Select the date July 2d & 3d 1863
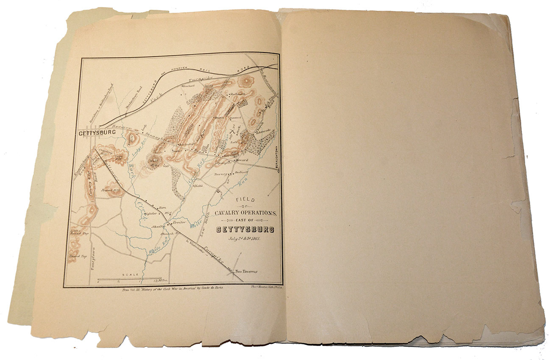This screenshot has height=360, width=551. pyautogui.click(x=245, y=238)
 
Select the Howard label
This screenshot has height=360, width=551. pyautogui.click(x=242, y=161)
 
